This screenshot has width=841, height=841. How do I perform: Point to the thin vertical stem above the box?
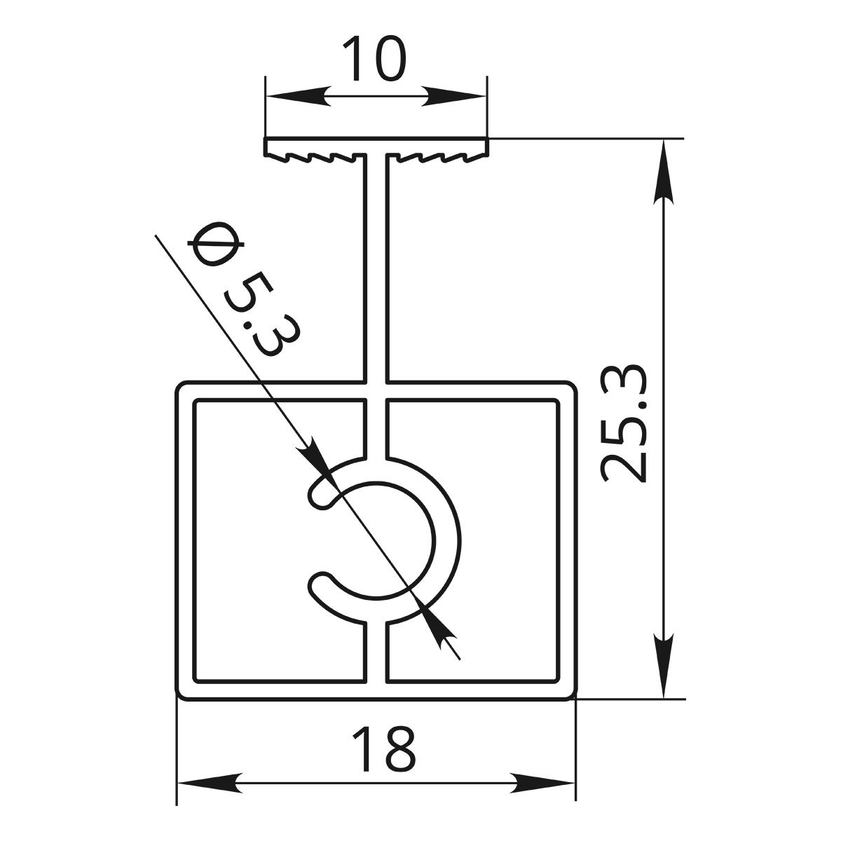376,266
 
